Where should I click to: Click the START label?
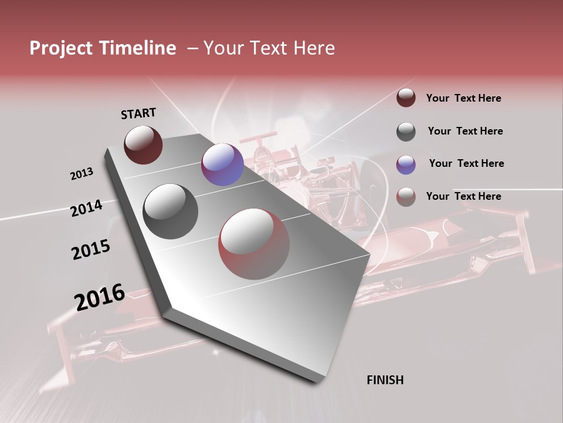click(138, 113)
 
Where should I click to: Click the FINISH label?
click(385, 380)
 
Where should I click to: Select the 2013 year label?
click(82, 174)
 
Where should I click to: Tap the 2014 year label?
click(86, 209)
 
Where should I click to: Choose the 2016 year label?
click(100, 297)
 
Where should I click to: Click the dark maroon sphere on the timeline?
click(143, 145)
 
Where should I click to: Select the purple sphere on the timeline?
click(222, 164)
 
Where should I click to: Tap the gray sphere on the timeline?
click(171, 211)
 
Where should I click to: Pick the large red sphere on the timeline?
click(254, 244)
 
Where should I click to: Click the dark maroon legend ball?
click(406, 98)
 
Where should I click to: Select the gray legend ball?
click(406, 132)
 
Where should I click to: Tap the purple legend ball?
click(406, 164)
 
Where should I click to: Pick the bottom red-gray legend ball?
click(406, 197)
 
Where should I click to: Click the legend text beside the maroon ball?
click(463, 98)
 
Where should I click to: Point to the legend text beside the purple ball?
click(466, 163)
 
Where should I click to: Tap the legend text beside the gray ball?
click(465, 131)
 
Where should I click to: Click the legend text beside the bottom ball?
click(463, 196)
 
